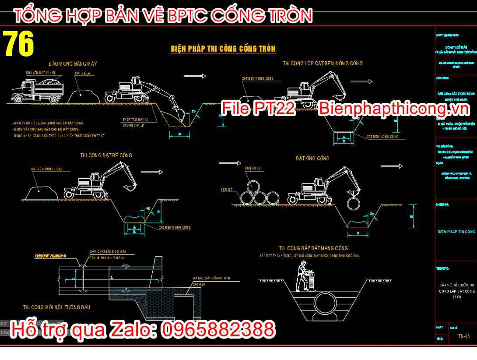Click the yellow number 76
(x=19, y=43)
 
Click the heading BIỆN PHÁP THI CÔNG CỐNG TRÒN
(x=223, y=49)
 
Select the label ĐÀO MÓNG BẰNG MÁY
(x=73, y=64)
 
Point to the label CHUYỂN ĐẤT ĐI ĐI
(x=40, y=73)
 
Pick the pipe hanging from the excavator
(x=354, y=204)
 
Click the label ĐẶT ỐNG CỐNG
(x=312, y=159)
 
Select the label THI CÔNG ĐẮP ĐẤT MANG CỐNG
(x=313, y=248)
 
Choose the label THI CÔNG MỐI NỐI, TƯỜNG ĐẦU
(x=56, y=307)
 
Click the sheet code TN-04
(x=464, y=336)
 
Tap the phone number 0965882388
(x=218, y=330)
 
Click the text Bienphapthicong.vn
(x=393, y=109)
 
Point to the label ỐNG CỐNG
(x=253, y=168)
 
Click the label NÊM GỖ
(x=227, y=190)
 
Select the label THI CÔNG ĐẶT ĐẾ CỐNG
(x=106, y=155)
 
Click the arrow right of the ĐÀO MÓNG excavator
(x=195, y=76)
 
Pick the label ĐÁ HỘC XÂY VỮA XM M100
(x=212, y=278)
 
